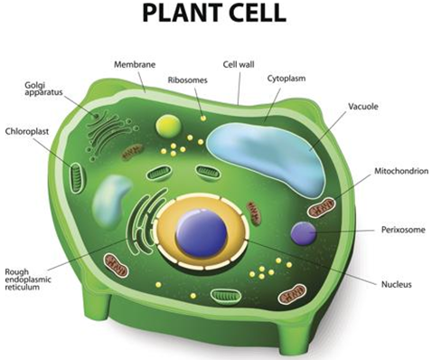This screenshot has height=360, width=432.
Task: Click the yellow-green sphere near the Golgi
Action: click(168, 126)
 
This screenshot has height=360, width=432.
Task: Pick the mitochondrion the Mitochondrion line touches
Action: click(322, 210)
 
